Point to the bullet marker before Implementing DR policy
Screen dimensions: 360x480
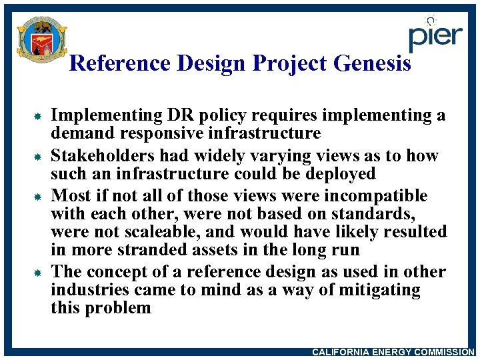tap(39, 117)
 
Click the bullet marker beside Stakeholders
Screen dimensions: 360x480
tap(39, 157)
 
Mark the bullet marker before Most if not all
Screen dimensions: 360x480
tap(39, 198)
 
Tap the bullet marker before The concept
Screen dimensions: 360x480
tap(39, 273)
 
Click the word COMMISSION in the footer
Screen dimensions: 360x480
tap(443, 352)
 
